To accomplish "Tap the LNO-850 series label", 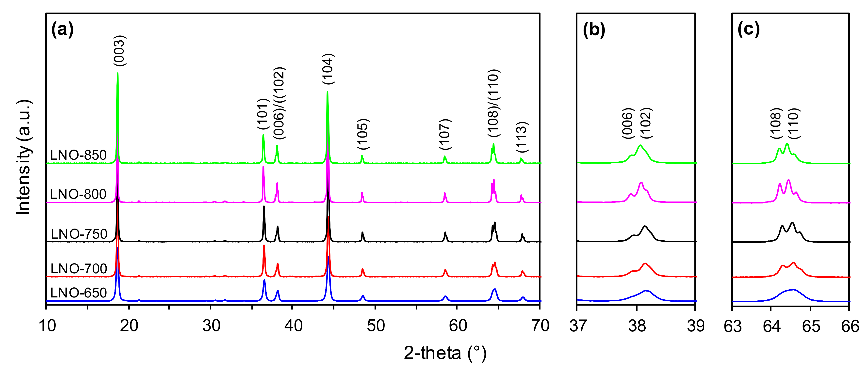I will click(78, 155).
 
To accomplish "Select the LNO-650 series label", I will click(79, 293).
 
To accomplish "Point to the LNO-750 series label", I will click(79, 234).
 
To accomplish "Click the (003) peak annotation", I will click(119, 50).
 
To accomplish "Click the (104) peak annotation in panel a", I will click(328, 69).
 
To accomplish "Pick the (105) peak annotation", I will click(363, 134).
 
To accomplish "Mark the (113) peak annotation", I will click(522, 137).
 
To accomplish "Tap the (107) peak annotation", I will click(445, 134).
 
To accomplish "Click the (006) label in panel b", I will click(628, 123).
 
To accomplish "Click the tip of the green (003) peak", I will click(118, 73).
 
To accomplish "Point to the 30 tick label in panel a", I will click(211, 326).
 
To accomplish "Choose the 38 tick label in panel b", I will click(637, 326).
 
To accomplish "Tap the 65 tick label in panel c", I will click(811, 326).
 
